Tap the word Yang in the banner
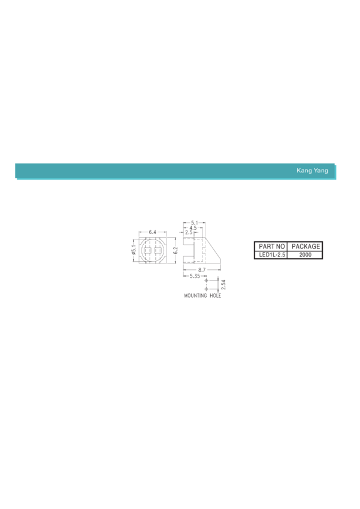pos(321,171)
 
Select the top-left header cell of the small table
pos(271,246)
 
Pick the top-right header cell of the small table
pos(305,246)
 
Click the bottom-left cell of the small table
pos(271,255)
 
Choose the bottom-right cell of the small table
pos(305,255)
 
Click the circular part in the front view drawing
pos(152,250)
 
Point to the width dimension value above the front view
pos(152,231)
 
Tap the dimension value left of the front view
pos(134,250)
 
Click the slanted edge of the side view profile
pos(214,250)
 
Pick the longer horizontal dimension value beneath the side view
pos(201,269)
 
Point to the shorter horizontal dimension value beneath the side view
pos(194,276)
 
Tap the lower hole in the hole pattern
pos(206,289)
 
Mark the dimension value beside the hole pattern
pos(223,284)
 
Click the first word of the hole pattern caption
pos(195,296)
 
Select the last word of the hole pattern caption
pos(216,296)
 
